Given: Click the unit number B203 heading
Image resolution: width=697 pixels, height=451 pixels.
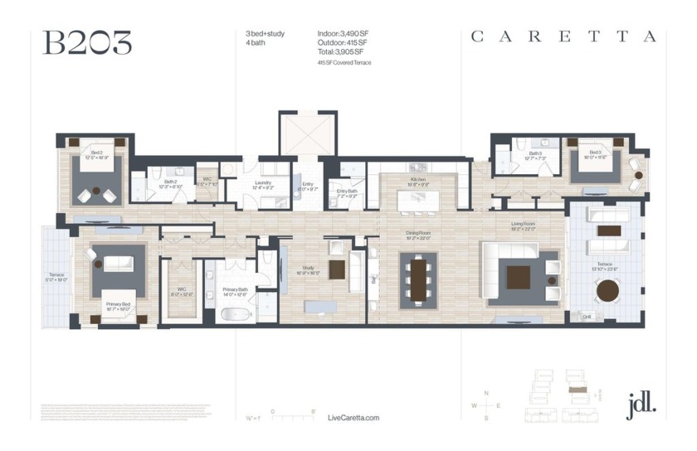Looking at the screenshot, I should click(87, 43).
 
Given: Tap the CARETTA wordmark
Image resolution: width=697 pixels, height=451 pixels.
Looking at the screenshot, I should click(563, 36).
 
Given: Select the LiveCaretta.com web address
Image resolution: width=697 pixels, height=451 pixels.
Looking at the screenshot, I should click(353, 418).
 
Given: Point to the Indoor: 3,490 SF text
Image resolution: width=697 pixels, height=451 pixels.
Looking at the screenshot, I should click(343, 33).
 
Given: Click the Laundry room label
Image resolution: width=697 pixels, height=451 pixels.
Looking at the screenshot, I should click(263, 183).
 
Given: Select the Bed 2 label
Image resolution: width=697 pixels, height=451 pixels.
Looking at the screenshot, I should click(97, 154).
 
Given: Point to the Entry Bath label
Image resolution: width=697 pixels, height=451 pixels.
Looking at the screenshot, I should click(347, 192).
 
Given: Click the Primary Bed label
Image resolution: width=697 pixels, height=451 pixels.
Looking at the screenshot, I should click(116, 305).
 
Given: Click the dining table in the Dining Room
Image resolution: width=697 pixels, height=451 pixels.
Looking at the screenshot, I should click(417, 280).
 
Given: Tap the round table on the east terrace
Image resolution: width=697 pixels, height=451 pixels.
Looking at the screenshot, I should click(608, 289).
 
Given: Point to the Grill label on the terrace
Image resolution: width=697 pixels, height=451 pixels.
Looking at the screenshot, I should click(586, 316).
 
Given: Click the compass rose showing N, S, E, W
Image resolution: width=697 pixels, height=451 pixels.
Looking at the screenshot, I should click(486, 405).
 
